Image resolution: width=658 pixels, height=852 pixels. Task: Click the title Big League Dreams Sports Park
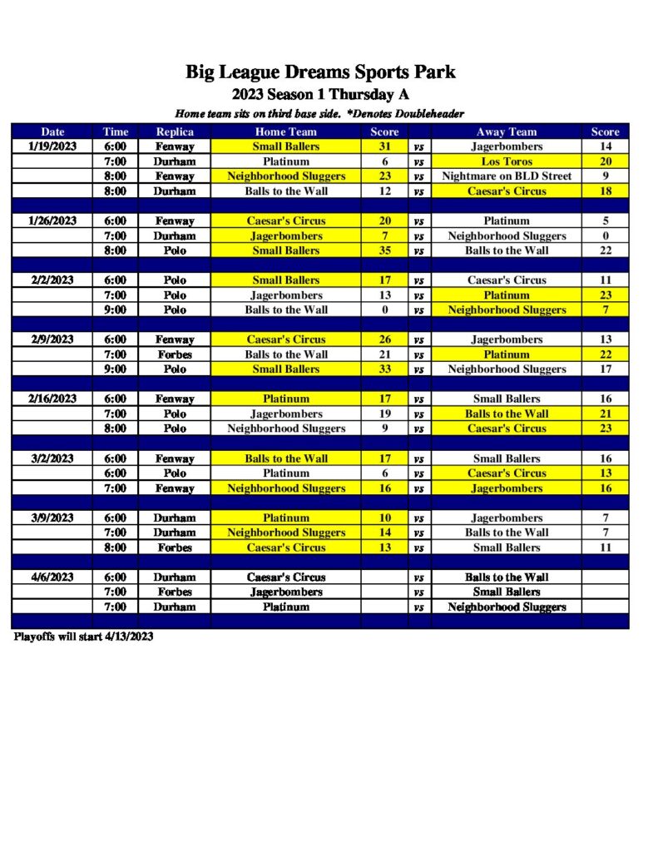click(x=320, y=72)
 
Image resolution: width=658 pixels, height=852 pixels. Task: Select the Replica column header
click(x=175, y=131)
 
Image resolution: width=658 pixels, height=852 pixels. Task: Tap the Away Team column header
click(x=506, y=131)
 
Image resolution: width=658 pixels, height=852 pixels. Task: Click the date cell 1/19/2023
click(x=52, y=146)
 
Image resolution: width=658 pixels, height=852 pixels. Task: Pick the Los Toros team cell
click(x=506, y=161)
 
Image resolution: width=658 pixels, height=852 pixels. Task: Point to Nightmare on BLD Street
click(x=506, y=176)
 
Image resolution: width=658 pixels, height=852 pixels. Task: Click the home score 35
click(x=384, y=250)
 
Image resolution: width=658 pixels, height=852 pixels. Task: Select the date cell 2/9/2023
click(x=52, y=339)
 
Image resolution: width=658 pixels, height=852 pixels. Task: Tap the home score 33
click(x=384, y=369)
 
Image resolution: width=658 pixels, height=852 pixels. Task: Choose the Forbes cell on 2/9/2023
click(x=175, y=354)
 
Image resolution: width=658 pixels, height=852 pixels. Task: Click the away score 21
click(x=606, y=414)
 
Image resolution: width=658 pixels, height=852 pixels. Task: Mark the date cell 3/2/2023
click(x=52, y=458)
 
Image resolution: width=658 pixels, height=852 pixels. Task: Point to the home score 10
click(x=384, y=518)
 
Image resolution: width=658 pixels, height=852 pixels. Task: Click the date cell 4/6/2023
click(x=52, y=577)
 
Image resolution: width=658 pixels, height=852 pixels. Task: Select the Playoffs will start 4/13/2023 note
click(x=83, y=637)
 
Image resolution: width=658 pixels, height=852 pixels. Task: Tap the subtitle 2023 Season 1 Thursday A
click(x=320, y=94)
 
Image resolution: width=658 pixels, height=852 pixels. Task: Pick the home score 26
click(x=384, y=339)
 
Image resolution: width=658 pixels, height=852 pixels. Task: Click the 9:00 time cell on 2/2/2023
click(x=115, y=310)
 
